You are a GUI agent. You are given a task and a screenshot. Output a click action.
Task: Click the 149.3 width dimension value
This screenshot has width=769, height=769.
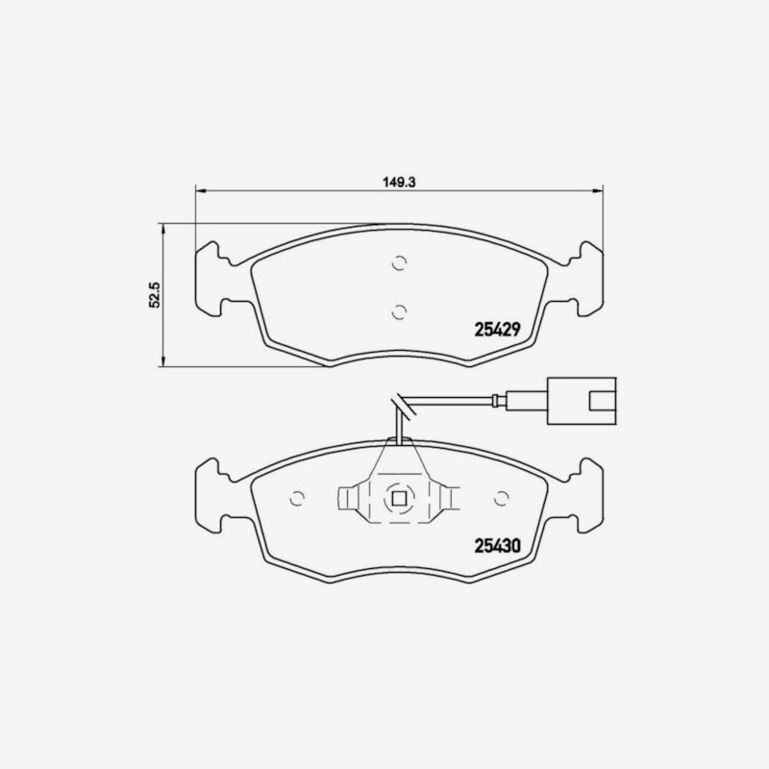coord(399,182)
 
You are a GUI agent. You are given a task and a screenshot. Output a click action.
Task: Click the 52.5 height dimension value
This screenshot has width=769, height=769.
coord(155,294)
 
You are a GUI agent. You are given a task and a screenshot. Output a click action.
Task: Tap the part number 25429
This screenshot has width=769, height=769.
coord(497,330)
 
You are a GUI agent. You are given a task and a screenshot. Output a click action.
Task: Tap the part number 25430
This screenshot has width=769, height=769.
coord(497,546)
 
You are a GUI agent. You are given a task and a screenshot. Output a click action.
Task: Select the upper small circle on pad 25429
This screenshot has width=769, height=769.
coord(400,263)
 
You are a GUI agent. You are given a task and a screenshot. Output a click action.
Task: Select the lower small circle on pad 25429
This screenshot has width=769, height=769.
coord(400,311)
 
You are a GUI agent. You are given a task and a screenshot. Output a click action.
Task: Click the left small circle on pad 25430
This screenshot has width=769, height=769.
coord(297,498)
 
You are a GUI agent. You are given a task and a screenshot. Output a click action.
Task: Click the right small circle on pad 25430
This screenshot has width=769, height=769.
coord(501,498)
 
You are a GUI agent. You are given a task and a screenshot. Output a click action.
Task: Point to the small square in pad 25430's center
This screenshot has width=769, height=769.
coord(399,499)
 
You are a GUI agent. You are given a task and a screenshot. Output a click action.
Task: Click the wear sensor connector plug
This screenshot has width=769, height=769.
coord(582,401)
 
